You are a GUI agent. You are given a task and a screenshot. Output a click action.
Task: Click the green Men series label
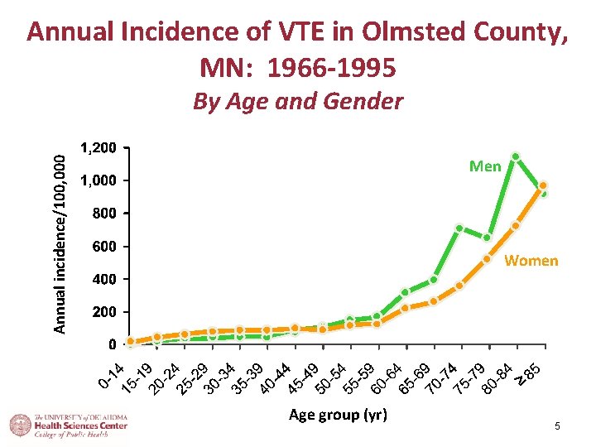tap(485, 166)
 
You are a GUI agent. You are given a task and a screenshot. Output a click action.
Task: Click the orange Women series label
tap(531, 261)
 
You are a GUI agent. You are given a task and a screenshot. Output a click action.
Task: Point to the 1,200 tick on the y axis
tap(99, 147)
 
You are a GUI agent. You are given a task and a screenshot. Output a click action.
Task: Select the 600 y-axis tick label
tap(104, 246)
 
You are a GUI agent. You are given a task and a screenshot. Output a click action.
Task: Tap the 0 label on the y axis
tap(112, 344)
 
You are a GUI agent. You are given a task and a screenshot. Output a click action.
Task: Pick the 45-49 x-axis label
tap(304, 378)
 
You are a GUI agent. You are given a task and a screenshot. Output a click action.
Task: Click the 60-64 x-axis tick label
tap(387, 378)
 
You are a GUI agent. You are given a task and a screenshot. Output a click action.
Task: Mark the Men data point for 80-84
tap(516, 156)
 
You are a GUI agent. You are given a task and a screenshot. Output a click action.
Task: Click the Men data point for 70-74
tap(459, 228)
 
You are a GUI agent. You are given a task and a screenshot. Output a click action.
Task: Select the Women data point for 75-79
tap(487, 259)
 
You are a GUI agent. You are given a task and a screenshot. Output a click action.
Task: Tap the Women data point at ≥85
tap(543, 185)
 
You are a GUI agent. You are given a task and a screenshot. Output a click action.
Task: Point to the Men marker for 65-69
tap(433, 280)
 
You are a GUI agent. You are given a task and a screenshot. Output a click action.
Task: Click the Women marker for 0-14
tap(131, 341)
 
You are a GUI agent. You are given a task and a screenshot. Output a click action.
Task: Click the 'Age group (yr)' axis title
tap(338, 415)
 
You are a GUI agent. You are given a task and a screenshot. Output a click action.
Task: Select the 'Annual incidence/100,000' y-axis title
tap(60, 244)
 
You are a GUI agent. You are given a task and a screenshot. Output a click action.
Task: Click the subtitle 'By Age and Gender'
tap(298, 102)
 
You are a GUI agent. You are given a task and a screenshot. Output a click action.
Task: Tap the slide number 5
tap(557, 426)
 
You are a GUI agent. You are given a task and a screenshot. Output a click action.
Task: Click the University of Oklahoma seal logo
tap(21, 425)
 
